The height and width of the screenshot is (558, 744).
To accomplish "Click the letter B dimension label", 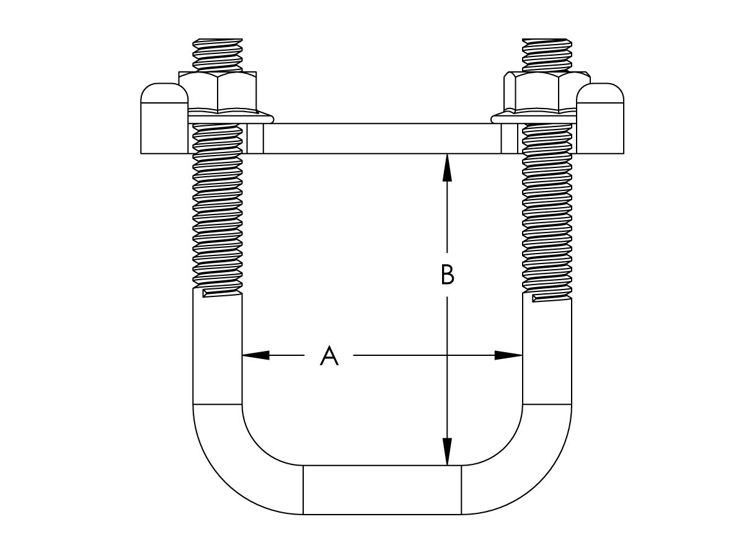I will pyautogui.click(x=447, y=275).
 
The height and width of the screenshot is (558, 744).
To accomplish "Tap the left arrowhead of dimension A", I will pyautogui.click(x=255, y=355).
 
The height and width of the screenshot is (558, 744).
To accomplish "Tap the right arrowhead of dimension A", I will pyautogui.click(x=508, y=355).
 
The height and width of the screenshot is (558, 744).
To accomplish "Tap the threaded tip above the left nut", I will pyautogui.click(x=218, y=55).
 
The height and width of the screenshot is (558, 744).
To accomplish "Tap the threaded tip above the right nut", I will pyautogui.click(x=547, y=55).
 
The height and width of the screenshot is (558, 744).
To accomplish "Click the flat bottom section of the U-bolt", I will pyautogui.click(x=382, y=490).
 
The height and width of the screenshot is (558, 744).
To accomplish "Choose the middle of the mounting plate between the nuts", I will pyautogui.click(x=382, y=138).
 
